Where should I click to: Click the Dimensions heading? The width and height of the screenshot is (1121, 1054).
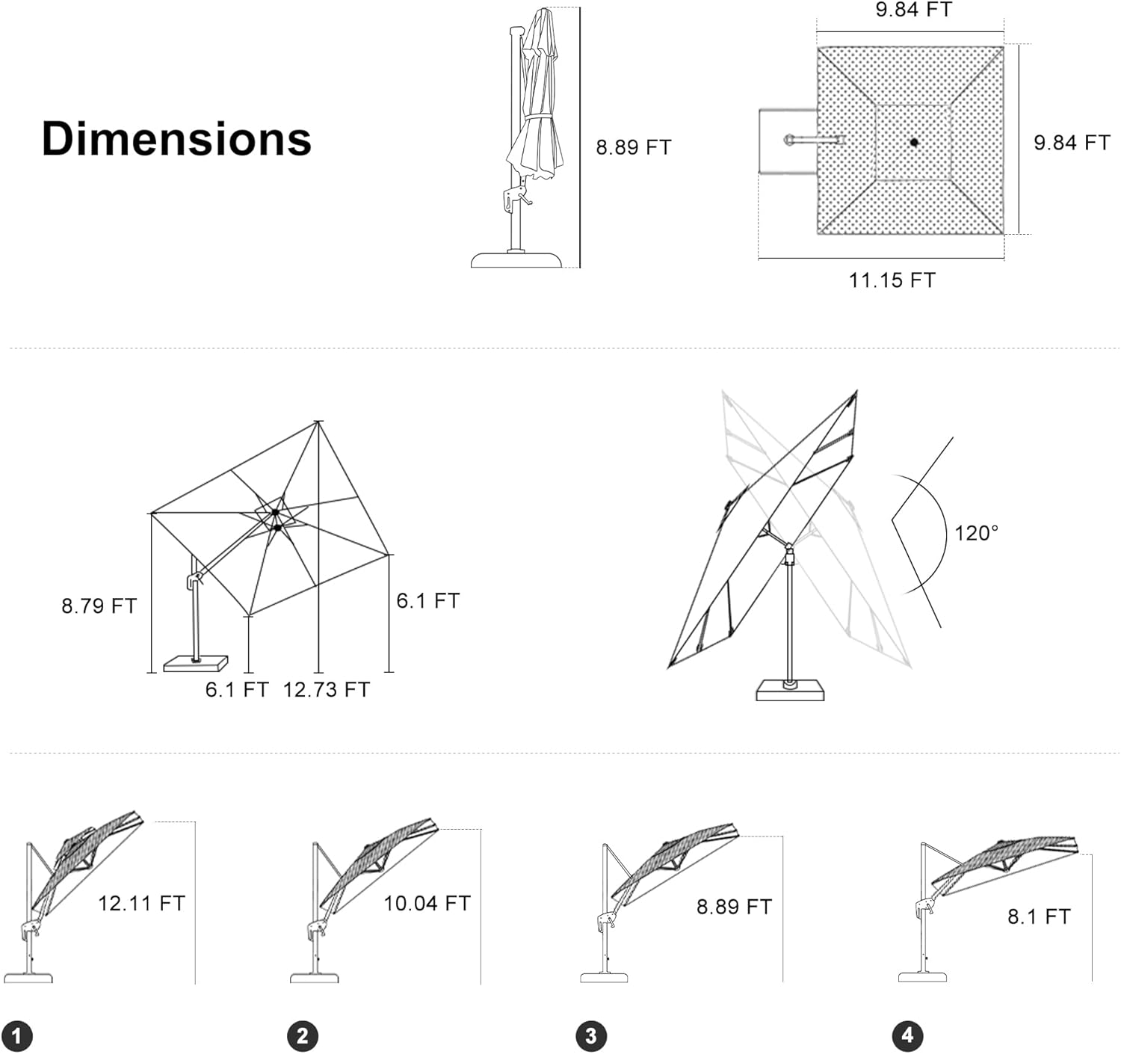(x=176, y=139)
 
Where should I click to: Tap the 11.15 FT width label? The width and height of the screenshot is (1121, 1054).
(x=892, y=280)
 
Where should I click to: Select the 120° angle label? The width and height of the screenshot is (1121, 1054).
(x=976, y=533)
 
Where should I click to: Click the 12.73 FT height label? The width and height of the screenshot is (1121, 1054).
(x=327, y=689)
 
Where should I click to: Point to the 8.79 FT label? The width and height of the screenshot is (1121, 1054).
(x=99, y=605)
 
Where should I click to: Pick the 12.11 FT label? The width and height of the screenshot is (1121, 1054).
(x=141, y=903)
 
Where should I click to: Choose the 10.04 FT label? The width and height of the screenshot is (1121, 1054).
(x=427, y=903)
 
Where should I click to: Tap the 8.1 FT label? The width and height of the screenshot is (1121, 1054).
(x=1039, y=916)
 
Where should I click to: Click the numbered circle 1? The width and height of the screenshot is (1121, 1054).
(x=16, y=1036)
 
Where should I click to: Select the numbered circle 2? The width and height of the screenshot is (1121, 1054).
(x=302, y=1036)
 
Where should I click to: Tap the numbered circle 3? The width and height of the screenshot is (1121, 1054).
(x=591, y=1036)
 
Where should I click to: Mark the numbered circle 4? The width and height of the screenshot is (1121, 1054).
(x=907, y=1035)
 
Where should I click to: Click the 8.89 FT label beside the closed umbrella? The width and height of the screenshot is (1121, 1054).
(x=634, y=147)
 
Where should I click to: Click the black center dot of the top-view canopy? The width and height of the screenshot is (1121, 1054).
(x=913, y=141)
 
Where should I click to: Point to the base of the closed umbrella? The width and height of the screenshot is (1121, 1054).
(x=516, y=259)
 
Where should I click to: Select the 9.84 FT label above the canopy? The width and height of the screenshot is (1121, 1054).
(x=914, y=10)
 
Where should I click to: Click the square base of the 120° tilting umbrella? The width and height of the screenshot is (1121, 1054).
(x=790, y=690)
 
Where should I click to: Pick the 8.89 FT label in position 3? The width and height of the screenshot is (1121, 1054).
(x=734, y=907)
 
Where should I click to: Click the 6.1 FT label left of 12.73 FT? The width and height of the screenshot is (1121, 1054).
(x=237, y=689)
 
